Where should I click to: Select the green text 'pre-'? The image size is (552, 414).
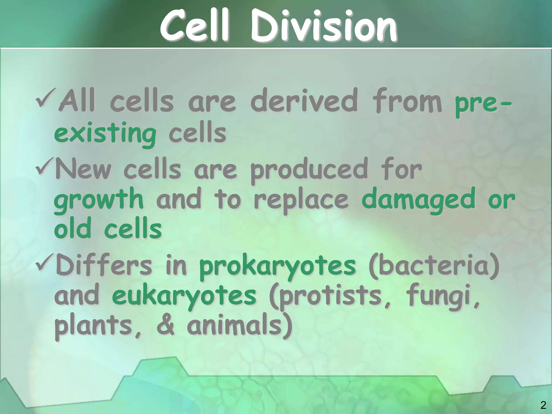tap(482, 102)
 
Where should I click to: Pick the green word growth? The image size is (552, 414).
tap(99, 201)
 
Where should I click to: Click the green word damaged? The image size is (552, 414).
tap(418, 201)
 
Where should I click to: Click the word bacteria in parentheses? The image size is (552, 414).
tap(434, 267)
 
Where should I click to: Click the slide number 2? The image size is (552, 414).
tap(543, 405)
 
